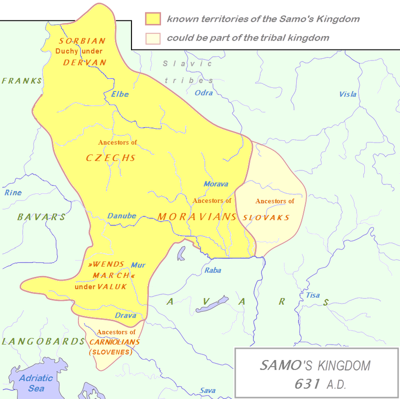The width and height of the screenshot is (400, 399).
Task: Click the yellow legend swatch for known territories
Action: [152, 19]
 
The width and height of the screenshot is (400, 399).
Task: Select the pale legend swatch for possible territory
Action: [152, 38]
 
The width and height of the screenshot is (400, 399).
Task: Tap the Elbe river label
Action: [120, 94]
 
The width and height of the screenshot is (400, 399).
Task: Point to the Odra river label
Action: [203, 92]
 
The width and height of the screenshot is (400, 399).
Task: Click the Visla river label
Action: [348, 94]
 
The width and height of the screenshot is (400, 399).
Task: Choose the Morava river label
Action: [215, 184]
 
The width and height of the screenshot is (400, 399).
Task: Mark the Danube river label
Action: [121, 216]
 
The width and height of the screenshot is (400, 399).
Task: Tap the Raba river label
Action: [212, 270]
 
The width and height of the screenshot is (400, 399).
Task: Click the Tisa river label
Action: [313, 295]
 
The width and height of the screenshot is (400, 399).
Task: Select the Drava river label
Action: [125, 315]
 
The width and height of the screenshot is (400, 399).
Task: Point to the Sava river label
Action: [207, 390]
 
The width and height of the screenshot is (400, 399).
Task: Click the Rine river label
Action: [13, 192]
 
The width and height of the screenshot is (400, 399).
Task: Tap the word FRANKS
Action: [21, 80]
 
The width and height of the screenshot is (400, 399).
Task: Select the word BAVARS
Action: [41, 217]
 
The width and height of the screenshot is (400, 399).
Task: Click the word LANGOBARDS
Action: [43, 341]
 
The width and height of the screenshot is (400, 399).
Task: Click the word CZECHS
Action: [110, 157]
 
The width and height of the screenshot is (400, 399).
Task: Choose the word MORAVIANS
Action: [197, 216]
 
